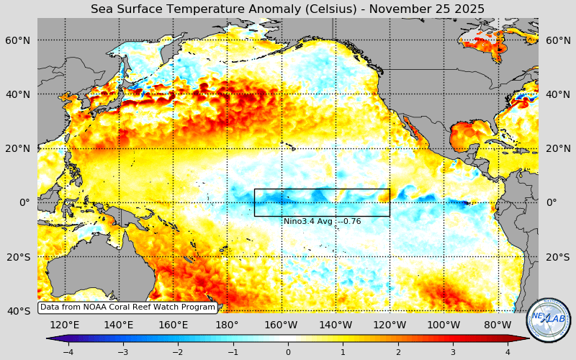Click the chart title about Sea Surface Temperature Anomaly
pos(287,9)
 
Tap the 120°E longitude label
pos(65,325)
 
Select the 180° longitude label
pos(227,325)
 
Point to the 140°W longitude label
pos(336,325)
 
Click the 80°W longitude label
pos(498,325)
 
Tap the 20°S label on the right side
pos(558,257)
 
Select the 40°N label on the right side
pos(558,94)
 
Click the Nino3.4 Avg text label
pos(322,222)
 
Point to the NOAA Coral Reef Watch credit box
pos(127,307)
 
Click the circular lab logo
pos(549,320)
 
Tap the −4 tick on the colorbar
pos(68,352)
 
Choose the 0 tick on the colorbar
pos(288,352)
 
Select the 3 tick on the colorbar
pos(453,352)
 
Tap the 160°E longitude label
pos(173,325)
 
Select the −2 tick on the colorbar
pos(178,352)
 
